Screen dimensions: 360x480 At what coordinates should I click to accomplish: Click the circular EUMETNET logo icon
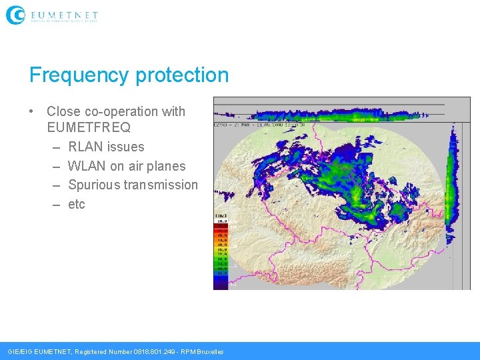(15, 15)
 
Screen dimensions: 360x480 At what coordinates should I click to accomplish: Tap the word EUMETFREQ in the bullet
(89, 127)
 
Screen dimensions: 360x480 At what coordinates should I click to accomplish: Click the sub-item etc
(77, 204)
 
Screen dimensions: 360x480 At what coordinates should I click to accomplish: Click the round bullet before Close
(32, 111)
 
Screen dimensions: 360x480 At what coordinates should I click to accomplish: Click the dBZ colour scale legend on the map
(221, 250)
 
